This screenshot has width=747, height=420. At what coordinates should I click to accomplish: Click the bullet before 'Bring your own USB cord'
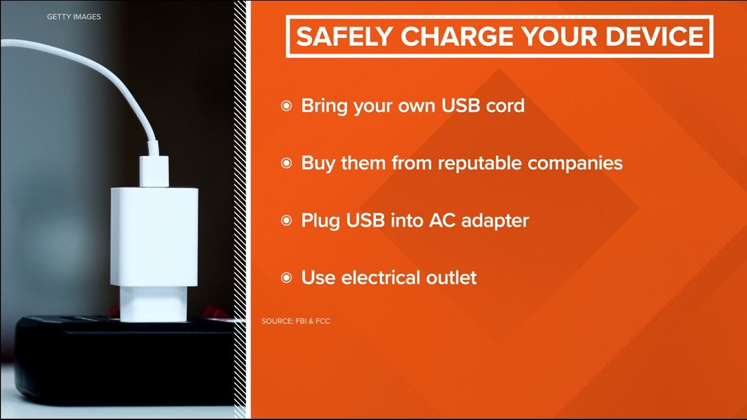click(x=286, y=105)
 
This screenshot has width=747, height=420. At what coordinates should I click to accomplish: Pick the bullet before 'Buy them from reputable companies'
click(x=286, y=163)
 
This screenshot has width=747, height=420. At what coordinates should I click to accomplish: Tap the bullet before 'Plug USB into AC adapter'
click(x=286, y=221)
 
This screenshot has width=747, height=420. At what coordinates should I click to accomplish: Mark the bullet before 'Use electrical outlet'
click(x=286, y=278)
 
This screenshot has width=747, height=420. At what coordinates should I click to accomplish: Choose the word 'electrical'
click(x=380, y=277)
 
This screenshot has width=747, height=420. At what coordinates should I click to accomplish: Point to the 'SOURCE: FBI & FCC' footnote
click(x=296, y=321)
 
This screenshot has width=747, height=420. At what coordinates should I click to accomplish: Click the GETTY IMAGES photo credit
click(x=74, y=16)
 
